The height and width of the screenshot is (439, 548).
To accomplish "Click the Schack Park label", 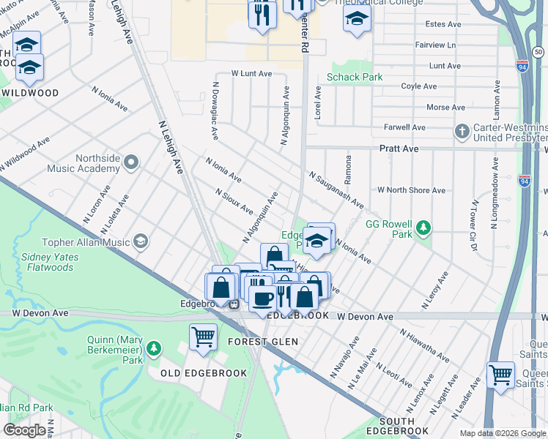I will (x=355, y=77).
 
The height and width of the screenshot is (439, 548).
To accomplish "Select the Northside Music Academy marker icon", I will (x=131, y=161).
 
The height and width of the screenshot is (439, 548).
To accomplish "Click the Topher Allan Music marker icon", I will (x=140, y=241).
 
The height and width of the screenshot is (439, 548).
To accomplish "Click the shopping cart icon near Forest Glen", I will (x=203, y=337).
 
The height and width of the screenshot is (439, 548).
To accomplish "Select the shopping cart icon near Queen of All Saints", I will (x=500, y=375).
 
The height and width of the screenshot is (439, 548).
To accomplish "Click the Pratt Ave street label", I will (x=399, y=149).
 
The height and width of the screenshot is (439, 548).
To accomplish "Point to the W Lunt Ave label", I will (x=251, y=74).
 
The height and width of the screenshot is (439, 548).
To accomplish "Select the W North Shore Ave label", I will (x=411, y=190).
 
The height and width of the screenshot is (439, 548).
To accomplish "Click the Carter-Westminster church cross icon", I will (x=462, y=132).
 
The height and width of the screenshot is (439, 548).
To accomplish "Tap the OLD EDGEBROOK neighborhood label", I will (x=190, y=372).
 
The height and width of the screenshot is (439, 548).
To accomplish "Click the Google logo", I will (x=24, y=430).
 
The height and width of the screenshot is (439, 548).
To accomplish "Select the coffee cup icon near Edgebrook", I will (x=262, y=298).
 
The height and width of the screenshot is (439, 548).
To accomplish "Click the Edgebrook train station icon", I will (x=234, y=304).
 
